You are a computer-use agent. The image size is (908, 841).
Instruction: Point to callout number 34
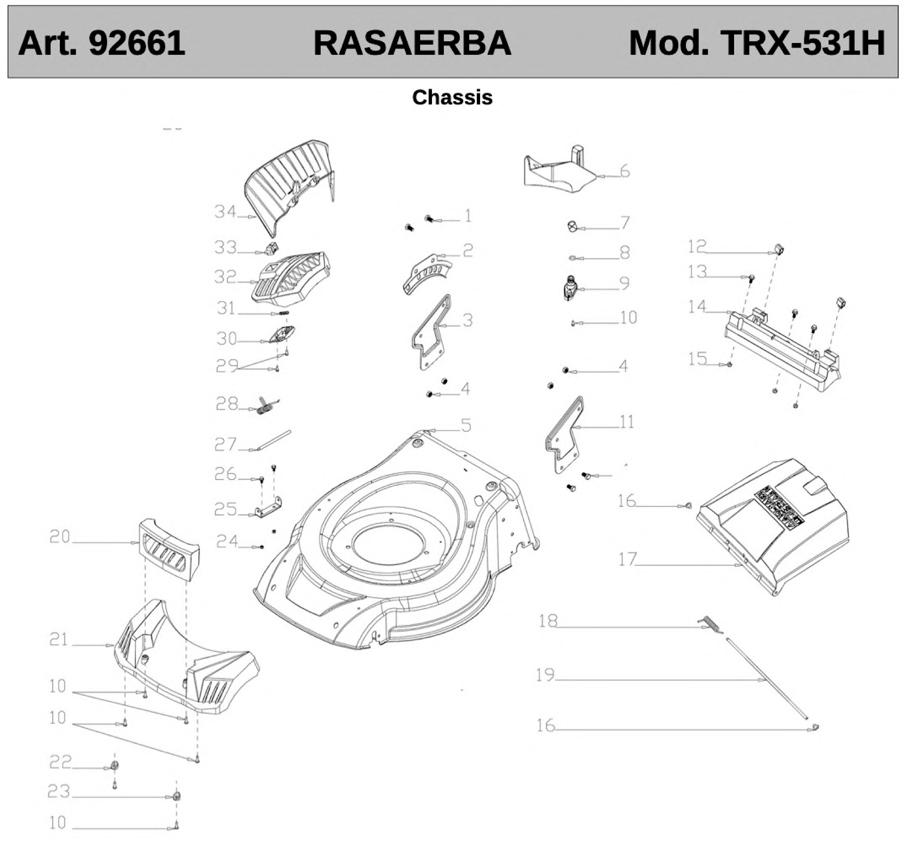225,212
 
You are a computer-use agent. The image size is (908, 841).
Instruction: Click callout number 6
624,172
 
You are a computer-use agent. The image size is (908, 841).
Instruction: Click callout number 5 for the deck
466,425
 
